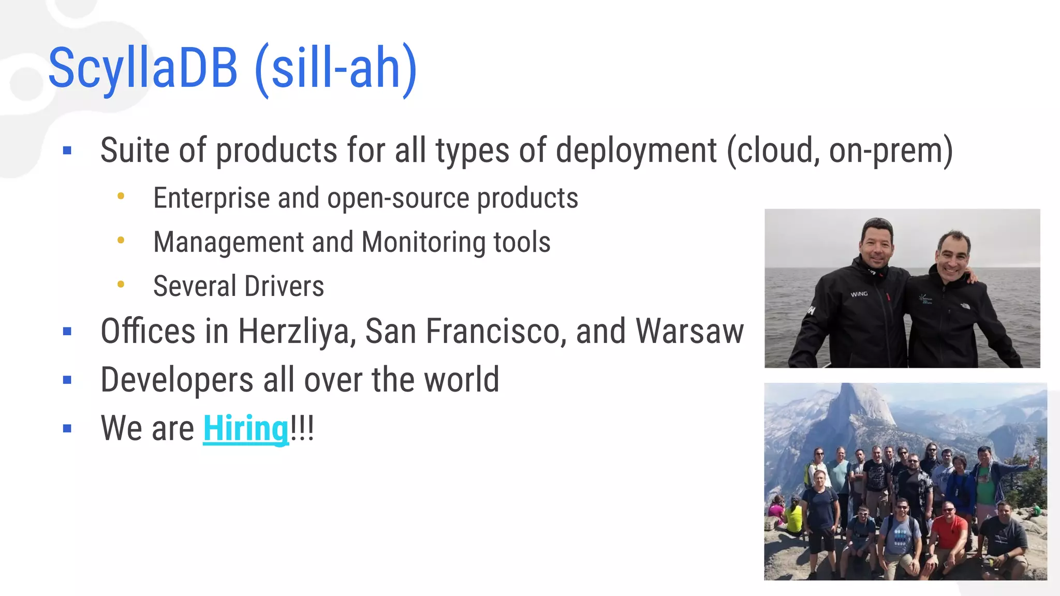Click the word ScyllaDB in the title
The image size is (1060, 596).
[x=143, y=68]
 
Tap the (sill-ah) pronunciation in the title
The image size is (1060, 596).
[x=336, y=69]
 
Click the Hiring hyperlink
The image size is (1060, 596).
[x=245, y=428]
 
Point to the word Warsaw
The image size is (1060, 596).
[x=689, y=332]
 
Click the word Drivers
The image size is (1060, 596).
[x=284, y=286]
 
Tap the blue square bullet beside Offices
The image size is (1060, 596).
[x=67, y=331]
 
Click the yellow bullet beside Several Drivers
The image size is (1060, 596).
[x=121, y=284]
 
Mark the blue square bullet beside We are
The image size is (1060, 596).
[x=67, y=428]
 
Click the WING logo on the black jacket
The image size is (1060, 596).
[x=859, y=294]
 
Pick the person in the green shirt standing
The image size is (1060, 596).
[x=985, y=484]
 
